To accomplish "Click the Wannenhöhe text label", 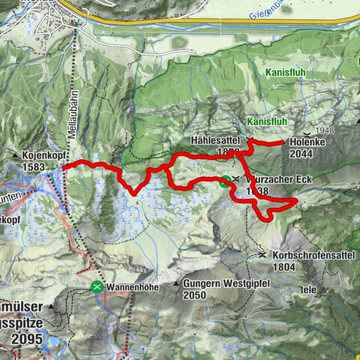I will [133, 286].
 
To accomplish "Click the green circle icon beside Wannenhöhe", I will [97, 286].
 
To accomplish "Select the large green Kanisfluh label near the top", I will [284, 73].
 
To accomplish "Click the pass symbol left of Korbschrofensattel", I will [262, 255].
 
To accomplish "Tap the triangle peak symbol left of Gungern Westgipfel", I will [177, 284].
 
